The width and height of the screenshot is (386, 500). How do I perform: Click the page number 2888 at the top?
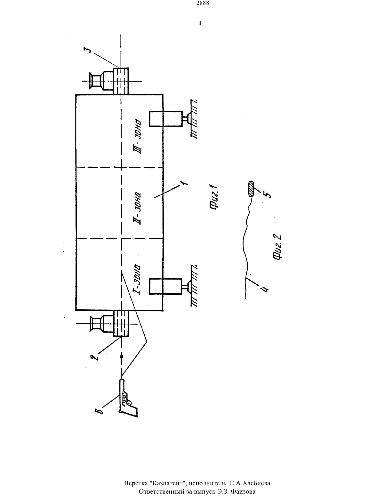point(203,3)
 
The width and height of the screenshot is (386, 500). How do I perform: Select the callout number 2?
point(94,357)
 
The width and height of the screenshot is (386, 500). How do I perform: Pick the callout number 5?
point(268,195)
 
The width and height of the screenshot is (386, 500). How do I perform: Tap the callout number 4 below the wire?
point(265,289)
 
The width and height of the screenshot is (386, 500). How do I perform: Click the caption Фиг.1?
point(214,197)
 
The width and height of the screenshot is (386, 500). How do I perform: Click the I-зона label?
point(137,280)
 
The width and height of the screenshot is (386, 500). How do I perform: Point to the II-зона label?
point(137,209)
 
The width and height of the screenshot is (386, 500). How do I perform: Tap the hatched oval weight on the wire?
point(251,189)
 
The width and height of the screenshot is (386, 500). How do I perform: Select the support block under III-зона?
point(166,119)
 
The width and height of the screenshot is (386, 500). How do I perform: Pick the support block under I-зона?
point(166,286)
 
